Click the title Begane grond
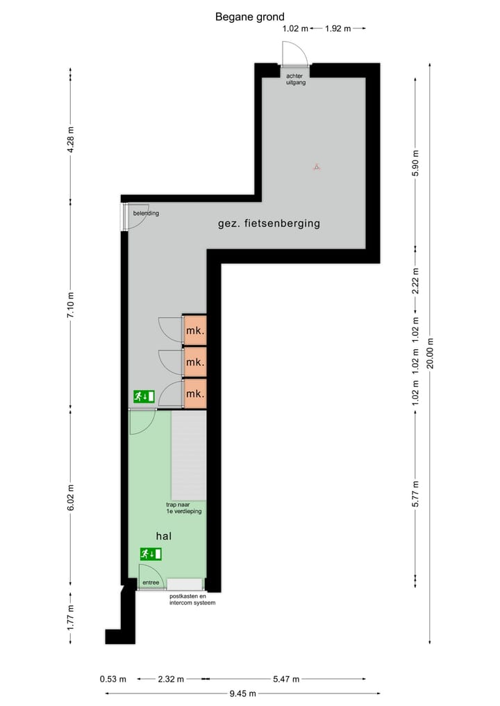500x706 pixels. [249, 17]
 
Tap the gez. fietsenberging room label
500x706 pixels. [269, 224]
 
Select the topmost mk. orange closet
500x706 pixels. [195, 330]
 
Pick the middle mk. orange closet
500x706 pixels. [195, 362]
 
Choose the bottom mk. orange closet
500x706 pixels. [195, 394]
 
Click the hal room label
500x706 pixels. [164, 536]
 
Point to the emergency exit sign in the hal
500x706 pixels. [151, 553]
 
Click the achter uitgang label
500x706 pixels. [296, 78]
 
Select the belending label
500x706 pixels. [146, 213]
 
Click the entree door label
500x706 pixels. [151, 582]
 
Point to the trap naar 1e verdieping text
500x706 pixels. [183, 507]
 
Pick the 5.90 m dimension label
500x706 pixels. [416, 164]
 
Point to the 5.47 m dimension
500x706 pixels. [286, 678]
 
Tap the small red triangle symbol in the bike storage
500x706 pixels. [316, 167]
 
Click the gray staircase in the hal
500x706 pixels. [189, 455]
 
